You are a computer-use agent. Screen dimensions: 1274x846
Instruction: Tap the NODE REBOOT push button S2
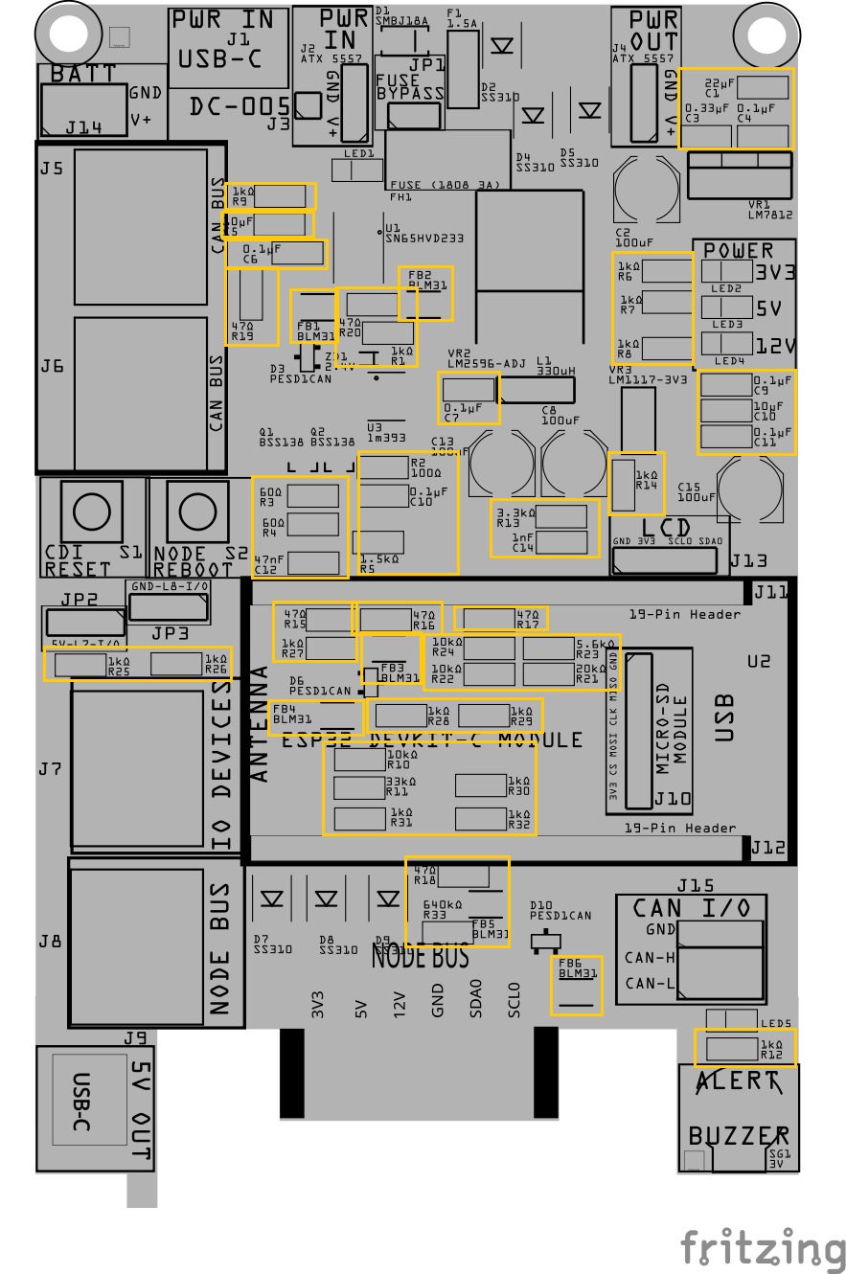pyautogui.click(x=196, y=509)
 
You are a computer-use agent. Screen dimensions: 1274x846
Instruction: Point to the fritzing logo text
pyautogui.click(x=763, y=1247)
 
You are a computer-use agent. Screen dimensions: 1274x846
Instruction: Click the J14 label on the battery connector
pyautogui.click(x=82, y=127)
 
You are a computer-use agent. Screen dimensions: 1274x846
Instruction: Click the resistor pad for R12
pyautogui.click(x=731, y=1048)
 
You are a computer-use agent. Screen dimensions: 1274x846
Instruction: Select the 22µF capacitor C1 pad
pyautogui.click(x=764, y=87)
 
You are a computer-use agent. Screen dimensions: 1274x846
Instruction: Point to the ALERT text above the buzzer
pyautogui.click(x=737, y=1081)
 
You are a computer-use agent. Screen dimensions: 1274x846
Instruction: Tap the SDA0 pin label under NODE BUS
pyautogui.click(x=476, y=998)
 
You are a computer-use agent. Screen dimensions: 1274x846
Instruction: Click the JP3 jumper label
pyautogui.click(x=170, y=633)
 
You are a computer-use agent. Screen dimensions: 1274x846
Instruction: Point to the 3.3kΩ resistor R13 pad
pyautogui.click(x=561, y=517)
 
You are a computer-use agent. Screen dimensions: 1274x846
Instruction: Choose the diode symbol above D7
pyautogui.click(x=272, y=899)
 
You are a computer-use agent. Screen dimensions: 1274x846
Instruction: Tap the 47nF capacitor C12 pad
pyautogui.click(x=313, y=562)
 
